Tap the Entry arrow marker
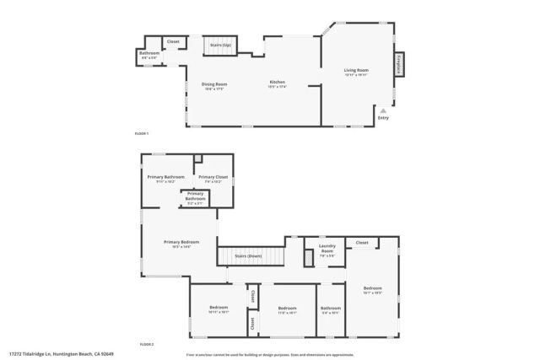(x=383, y=110)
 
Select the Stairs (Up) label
(x=221, y=44)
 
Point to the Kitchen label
(x=277, y=83)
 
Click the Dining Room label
(x=214, y=83)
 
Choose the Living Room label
(x=356, y=70)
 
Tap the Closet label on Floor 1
(x=173, y=41)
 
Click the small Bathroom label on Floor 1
(x=149, y=53)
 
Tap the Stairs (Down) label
(x=248, y=255)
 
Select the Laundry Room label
(x=327, y=249)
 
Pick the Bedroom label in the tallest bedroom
(x=373, y=289)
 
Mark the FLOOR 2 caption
(x=146, y=344)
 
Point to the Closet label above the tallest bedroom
(x=361, y=242)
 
